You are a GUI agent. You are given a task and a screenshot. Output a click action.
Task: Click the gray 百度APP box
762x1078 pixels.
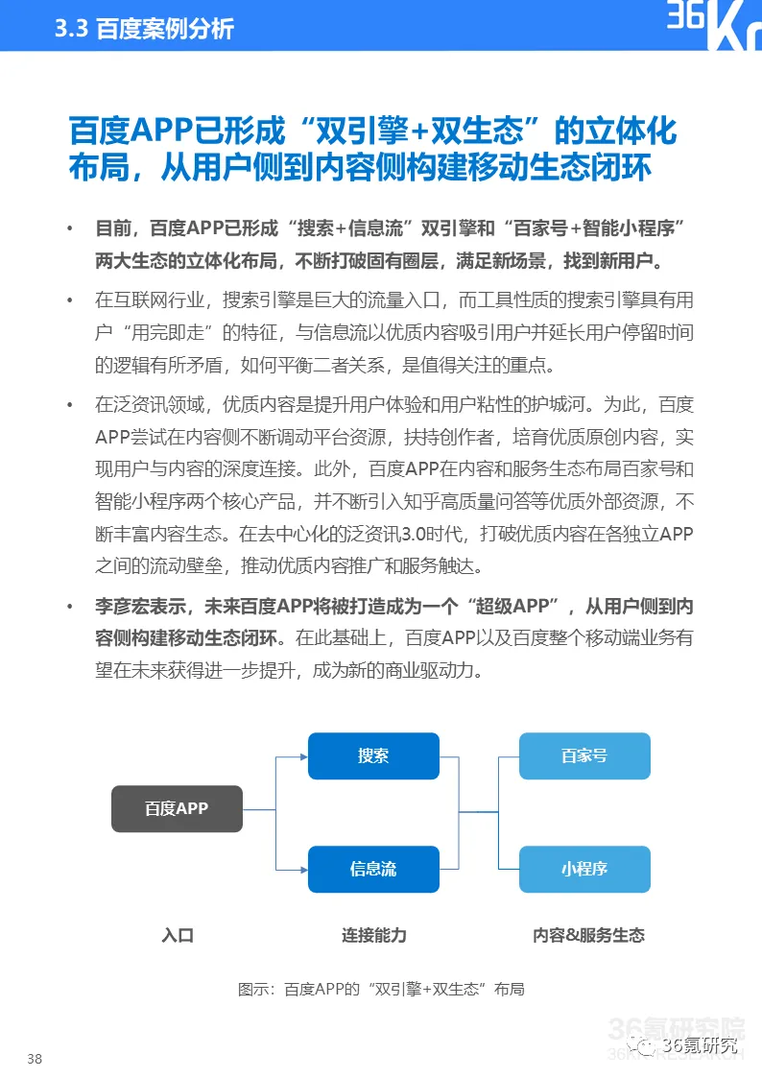click(x=177, y=808)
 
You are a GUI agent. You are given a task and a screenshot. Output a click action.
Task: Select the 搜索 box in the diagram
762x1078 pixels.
click(x=373, y=755)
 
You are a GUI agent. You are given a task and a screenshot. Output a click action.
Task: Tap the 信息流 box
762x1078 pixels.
click(x=373, y=869)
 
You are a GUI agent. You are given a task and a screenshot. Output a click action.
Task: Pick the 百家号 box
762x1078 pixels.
click(x=584, y=755)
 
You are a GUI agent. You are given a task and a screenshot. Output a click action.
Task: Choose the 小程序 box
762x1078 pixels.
click(x=584, y=869)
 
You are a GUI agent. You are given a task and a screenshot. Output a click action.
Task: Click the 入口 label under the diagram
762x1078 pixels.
click(x=178, y=935)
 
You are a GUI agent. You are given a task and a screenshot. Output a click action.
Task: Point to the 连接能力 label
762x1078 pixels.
click(x=374, y=935)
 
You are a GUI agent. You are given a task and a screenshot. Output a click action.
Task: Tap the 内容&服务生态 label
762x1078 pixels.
click(x=588, y=935)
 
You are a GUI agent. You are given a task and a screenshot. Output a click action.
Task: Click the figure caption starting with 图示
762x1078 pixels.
click(x=381, y=989)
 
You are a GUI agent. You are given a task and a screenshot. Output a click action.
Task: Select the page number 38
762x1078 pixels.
click(x=35, y=1059)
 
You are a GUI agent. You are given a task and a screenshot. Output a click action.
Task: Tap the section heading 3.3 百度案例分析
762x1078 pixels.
click(x=145, y=28)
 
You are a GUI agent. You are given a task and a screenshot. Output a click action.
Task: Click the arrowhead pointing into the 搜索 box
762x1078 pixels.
click(x=303, y=756)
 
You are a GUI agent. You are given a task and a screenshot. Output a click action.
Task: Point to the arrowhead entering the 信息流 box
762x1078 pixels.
click(x=303, y=869)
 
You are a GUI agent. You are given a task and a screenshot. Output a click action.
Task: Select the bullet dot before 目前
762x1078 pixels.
click(x=69, y=228)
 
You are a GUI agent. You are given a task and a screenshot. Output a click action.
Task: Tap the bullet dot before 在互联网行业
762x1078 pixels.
click(x=69, y=300)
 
